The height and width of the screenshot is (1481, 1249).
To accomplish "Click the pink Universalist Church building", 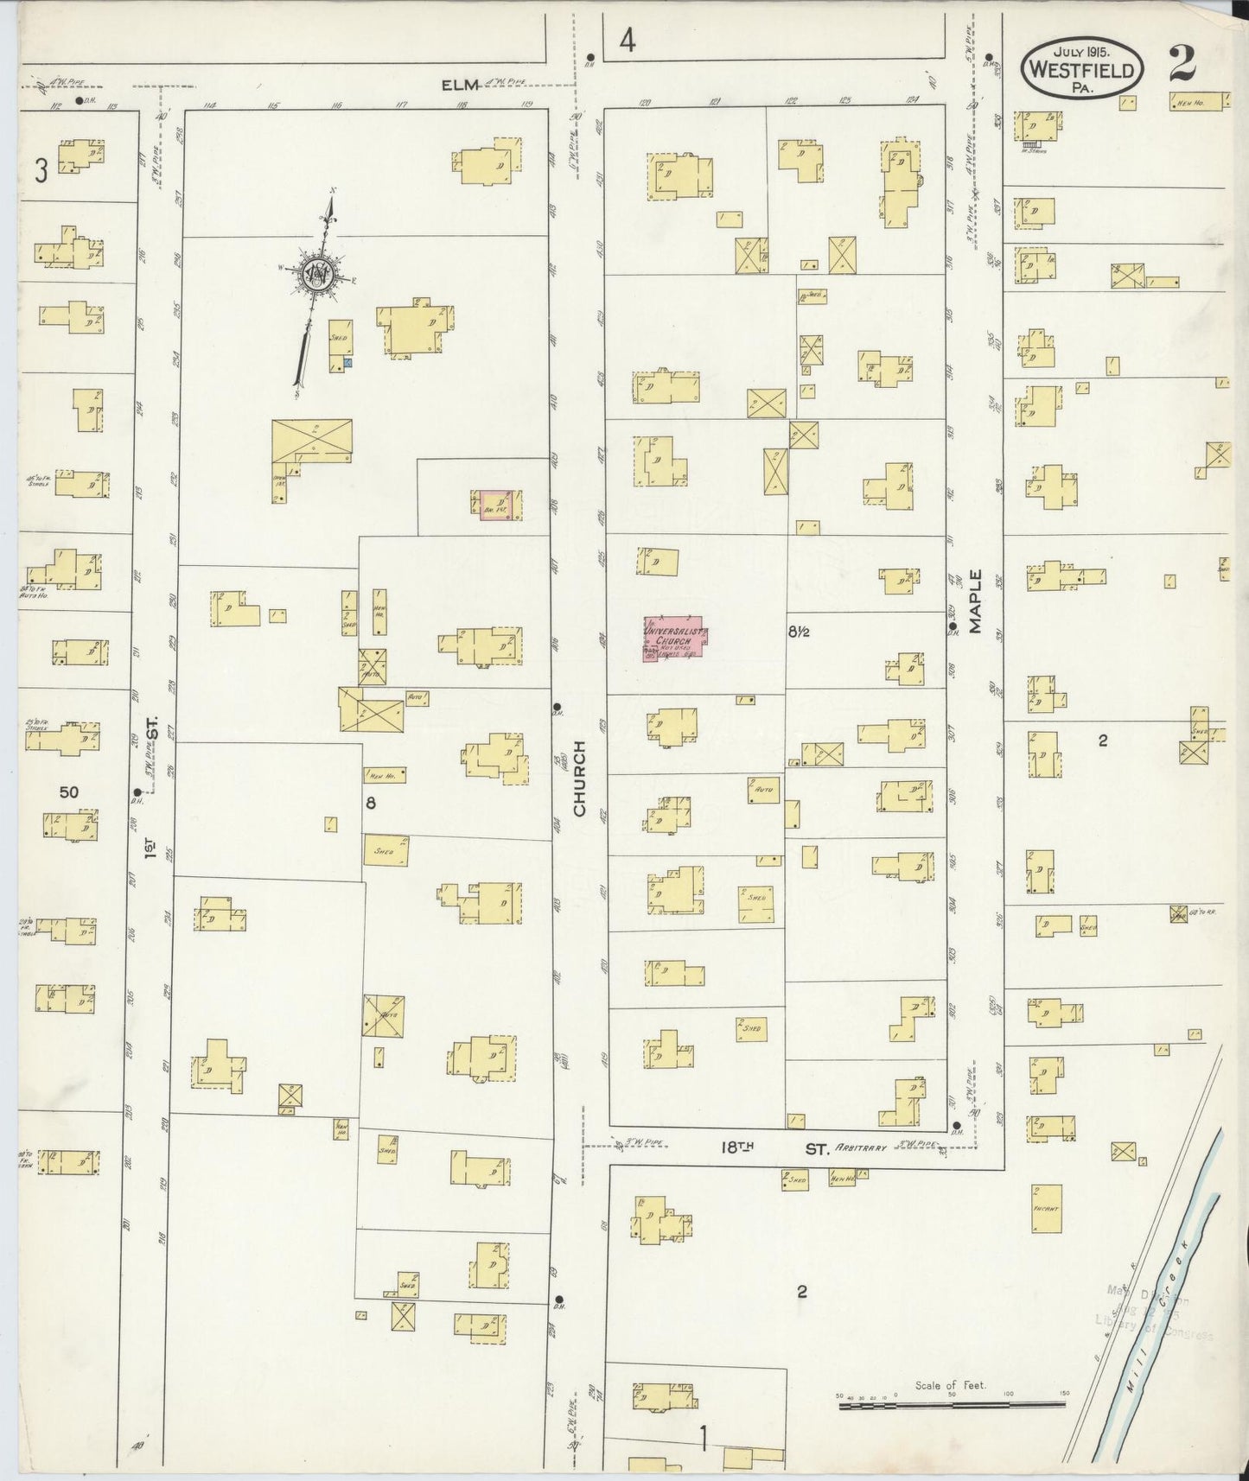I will [675, 639].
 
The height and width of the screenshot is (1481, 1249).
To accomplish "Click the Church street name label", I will [579, 778].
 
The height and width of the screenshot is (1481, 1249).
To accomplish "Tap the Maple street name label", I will [977, 601].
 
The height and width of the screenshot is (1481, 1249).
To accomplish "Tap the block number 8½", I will [798, 632].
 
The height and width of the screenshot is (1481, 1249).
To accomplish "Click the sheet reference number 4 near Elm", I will [628, 41].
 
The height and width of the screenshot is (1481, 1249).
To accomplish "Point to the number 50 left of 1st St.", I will [70, 791].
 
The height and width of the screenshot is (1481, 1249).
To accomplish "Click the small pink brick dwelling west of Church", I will [497, 504].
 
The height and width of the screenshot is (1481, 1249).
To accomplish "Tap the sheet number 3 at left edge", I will [40, 171].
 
